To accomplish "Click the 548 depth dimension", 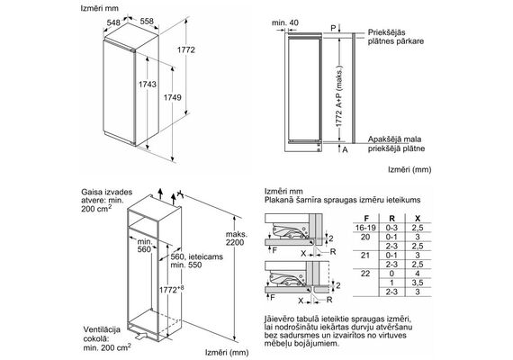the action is point(113,22).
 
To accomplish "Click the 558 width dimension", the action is point(147,22).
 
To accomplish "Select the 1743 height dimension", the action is point(148,85).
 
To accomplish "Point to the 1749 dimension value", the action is point(173,97).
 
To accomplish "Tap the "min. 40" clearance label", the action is point(285,22).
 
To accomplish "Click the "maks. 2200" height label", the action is point(237,238).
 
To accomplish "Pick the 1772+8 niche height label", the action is point(171,289).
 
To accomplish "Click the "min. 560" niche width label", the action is point(145,246).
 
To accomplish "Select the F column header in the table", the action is point(366,219).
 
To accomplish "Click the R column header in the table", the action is point(391,219).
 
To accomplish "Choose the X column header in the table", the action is point(418,219).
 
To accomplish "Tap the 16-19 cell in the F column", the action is point(365,228).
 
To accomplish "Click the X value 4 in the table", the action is point(418,274).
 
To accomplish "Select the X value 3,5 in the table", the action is point(418,283).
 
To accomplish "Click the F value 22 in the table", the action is point(365,274).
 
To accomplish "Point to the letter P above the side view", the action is point(333,28).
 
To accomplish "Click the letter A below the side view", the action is point(345,150).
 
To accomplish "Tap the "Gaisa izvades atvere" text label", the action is point(107,196).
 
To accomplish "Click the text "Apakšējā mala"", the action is point(394,139).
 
